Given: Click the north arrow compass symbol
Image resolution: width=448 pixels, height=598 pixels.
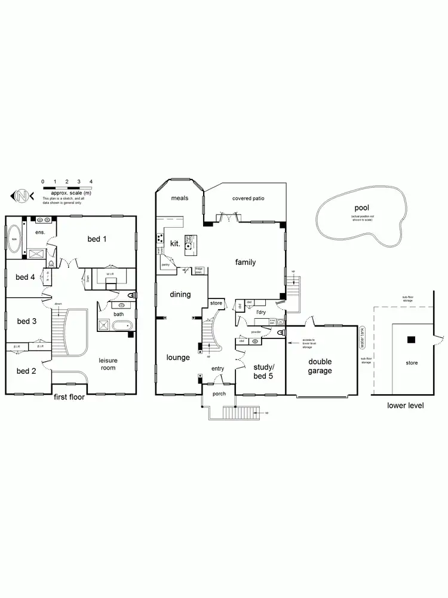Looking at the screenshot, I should click(x=22, y=195).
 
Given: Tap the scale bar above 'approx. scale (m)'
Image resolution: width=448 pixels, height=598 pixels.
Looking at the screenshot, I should click(x=66, y=188).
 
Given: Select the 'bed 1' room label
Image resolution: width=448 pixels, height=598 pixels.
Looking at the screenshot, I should click(x=97, y=239).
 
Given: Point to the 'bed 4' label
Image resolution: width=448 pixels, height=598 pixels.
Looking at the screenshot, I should click(x=26, y=277).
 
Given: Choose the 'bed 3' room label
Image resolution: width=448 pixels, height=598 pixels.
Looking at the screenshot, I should click(x=26, y=321).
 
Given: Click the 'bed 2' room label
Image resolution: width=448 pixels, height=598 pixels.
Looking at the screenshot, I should click(x=26, y=371).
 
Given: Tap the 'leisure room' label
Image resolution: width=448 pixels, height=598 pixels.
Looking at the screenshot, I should click(x=108, y=364).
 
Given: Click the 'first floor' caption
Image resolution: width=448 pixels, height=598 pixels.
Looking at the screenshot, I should click(x=70, y=397).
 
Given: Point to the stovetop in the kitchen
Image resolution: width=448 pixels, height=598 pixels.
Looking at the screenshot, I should click(x=160, y=239).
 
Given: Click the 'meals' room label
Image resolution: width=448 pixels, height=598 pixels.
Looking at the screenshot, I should click(x=180, y=198).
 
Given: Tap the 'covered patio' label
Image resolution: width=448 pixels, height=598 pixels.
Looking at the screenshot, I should click(x=248, y=198).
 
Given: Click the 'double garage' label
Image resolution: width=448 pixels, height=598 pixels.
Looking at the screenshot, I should click(x=320, y=366).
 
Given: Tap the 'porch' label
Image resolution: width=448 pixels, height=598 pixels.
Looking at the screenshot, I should click(x=219, y=393).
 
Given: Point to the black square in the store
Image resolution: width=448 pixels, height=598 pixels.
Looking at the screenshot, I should click(x=411, y=340).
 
